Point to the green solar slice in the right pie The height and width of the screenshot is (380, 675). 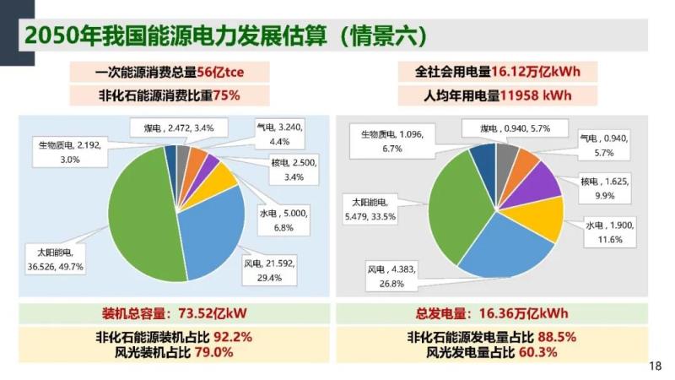click(x=456, y=211)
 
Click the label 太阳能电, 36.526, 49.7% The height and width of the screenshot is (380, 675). click(x=60, y=259)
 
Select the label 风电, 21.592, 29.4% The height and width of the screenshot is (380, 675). click(x=267, y=269)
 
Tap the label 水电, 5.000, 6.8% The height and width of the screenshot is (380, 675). click(x=281, y=221)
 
